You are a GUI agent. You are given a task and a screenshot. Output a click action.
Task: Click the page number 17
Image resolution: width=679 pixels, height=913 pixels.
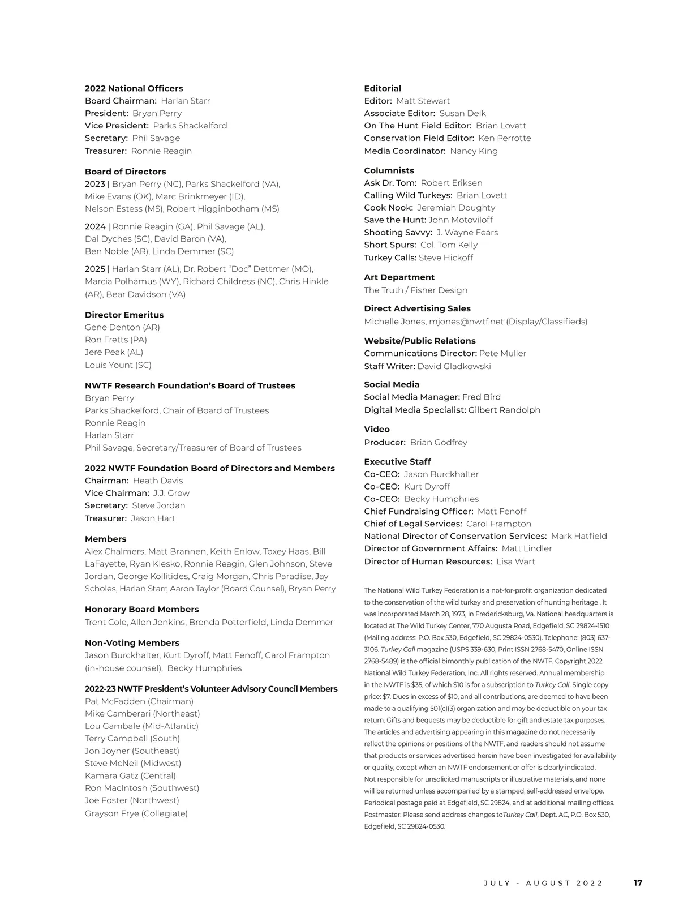pos(638,882)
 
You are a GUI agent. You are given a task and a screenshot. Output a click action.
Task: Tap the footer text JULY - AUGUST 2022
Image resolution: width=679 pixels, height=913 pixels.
pos(543,883)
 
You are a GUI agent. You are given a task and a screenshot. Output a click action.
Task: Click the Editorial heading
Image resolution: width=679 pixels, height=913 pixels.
pos(383,88)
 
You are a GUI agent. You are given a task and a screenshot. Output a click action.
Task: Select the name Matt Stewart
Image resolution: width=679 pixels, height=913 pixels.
pos(423,101)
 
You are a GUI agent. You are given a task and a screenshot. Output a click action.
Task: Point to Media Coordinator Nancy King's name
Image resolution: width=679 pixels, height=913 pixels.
pos(474,151)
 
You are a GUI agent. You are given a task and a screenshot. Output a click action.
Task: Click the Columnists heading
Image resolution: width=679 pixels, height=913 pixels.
pos(389,170)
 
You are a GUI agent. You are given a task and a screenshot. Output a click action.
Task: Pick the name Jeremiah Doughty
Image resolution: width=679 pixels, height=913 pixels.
pos(456,208)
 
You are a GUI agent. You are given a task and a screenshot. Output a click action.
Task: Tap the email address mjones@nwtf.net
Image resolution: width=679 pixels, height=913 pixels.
pos(466,322)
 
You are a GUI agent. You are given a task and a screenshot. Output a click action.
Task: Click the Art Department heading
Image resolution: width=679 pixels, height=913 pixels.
pos(399,277)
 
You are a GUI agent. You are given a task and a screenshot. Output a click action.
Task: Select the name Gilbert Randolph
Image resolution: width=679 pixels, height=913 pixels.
pos(504,410)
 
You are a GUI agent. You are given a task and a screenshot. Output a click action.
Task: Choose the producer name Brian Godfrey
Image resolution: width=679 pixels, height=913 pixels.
pos(439,443)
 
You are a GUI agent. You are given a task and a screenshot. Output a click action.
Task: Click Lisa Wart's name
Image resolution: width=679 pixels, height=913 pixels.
pos(515,561)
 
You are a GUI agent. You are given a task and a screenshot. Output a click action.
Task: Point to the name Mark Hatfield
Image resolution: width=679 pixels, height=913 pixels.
pos(579,536)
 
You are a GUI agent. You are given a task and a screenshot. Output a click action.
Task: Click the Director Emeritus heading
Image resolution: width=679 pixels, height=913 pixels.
pos(124,315)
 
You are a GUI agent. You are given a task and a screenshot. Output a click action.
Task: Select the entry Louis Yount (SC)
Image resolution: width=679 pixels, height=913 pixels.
pos(118,365)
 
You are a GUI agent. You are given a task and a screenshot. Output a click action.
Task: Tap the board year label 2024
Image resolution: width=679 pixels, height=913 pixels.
pos(95,226)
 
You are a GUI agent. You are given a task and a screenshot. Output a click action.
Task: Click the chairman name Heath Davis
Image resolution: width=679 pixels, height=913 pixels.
pos(158,481)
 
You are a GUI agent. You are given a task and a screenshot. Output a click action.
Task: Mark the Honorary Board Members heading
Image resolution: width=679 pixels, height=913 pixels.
pos(141,610)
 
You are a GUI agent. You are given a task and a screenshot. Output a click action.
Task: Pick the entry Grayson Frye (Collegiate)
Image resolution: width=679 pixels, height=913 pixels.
pos(136,813)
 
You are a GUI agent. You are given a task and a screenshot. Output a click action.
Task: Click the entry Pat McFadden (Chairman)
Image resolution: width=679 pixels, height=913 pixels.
pos(139,701)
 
